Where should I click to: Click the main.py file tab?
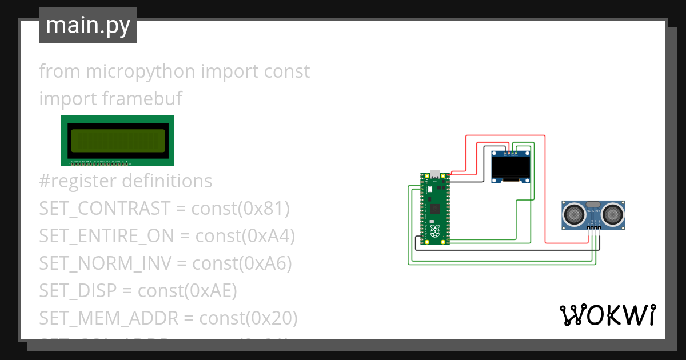tap(87, 25)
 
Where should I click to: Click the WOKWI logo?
tap(607, 315)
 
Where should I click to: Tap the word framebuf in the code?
tap(142, 98)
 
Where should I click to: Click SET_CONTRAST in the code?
tap(105, 209)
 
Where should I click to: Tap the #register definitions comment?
tap(126, 181)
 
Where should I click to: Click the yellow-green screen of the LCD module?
tap(117, 139)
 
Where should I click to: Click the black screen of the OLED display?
tap(510, 167)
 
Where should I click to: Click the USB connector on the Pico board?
tap(435, 174)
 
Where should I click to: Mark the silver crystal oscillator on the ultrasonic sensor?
tap(593, 204)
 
